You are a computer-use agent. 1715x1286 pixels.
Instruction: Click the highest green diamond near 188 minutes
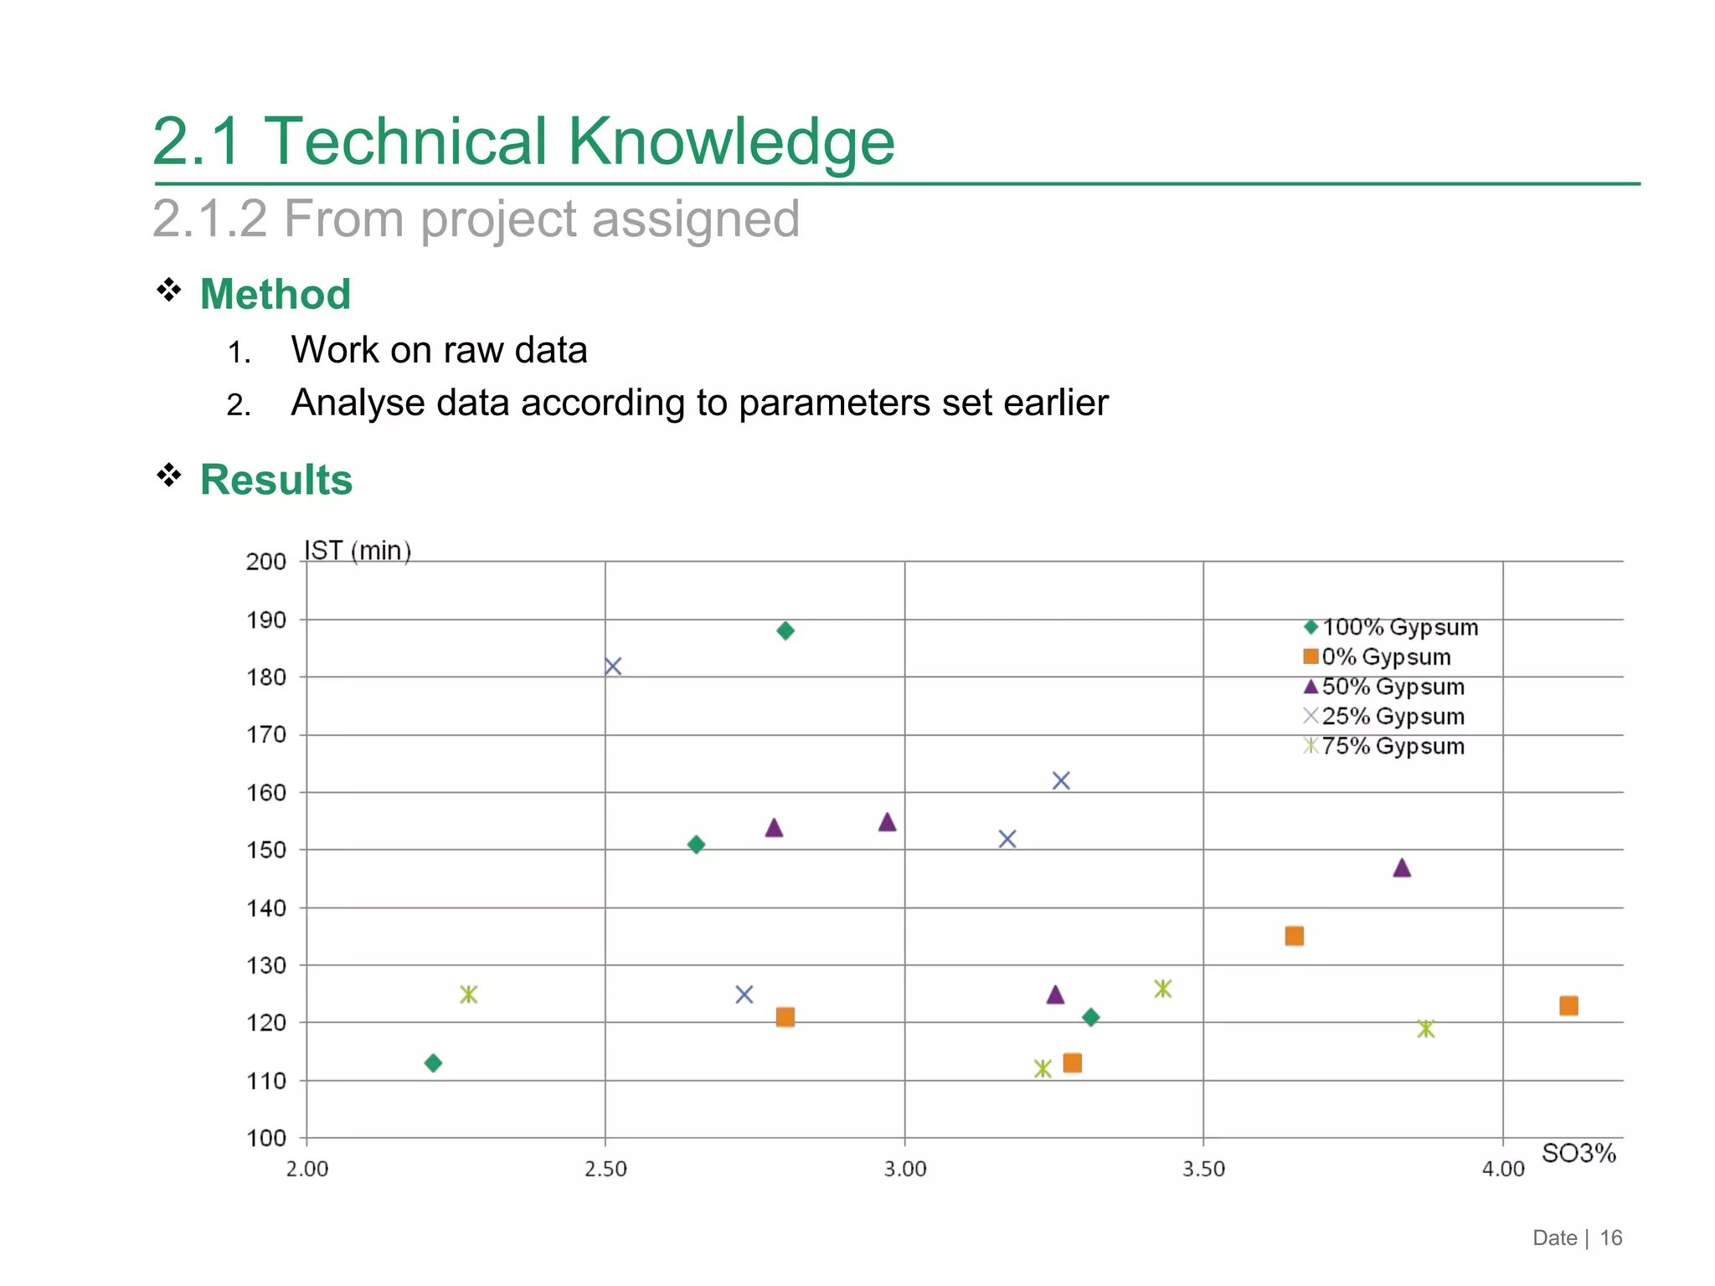[785, 630]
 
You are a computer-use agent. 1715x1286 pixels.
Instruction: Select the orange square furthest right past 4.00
[1568, 1006]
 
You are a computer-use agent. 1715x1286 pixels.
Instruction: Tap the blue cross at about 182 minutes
[613, 666]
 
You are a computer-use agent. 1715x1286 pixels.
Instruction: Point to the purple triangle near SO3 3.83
[1402, 868]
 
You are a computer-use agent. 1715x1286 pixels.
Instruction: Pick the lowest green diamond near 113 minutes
[433, 1063]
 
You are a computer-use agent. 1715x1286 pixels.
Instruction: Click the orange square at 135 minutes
[1294, 936]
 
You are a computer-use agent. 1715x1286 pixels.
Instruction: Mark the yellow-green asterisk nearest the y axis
[468, 995]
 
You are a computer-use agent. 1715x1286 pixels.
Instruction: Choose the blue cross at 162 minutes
[1061, 781]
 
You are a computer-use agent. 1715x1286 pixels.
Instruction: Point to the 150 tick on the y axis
[266, 850]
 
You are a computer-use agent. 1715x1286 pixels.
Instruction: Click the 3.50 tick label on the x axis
[1203, 1170]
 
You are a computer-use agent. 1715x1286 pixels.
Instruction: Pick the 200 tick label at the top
[266, 562]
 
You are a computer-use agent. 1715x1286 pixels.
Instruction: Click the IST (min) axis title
[358, 551]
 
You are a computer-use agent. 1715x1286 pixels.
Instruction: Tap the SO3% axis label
[1579, 1154]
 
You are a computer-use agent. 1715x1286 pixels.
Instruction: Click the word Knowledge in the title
[731, 141]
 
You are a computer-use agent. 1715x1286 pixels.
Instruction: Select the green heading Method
[275, 295]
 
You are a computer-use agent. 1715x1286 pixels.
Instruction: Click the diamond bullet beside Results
[169, 476]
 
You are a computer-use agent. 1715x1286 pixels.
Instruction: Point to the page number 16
[1610, 1238]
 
